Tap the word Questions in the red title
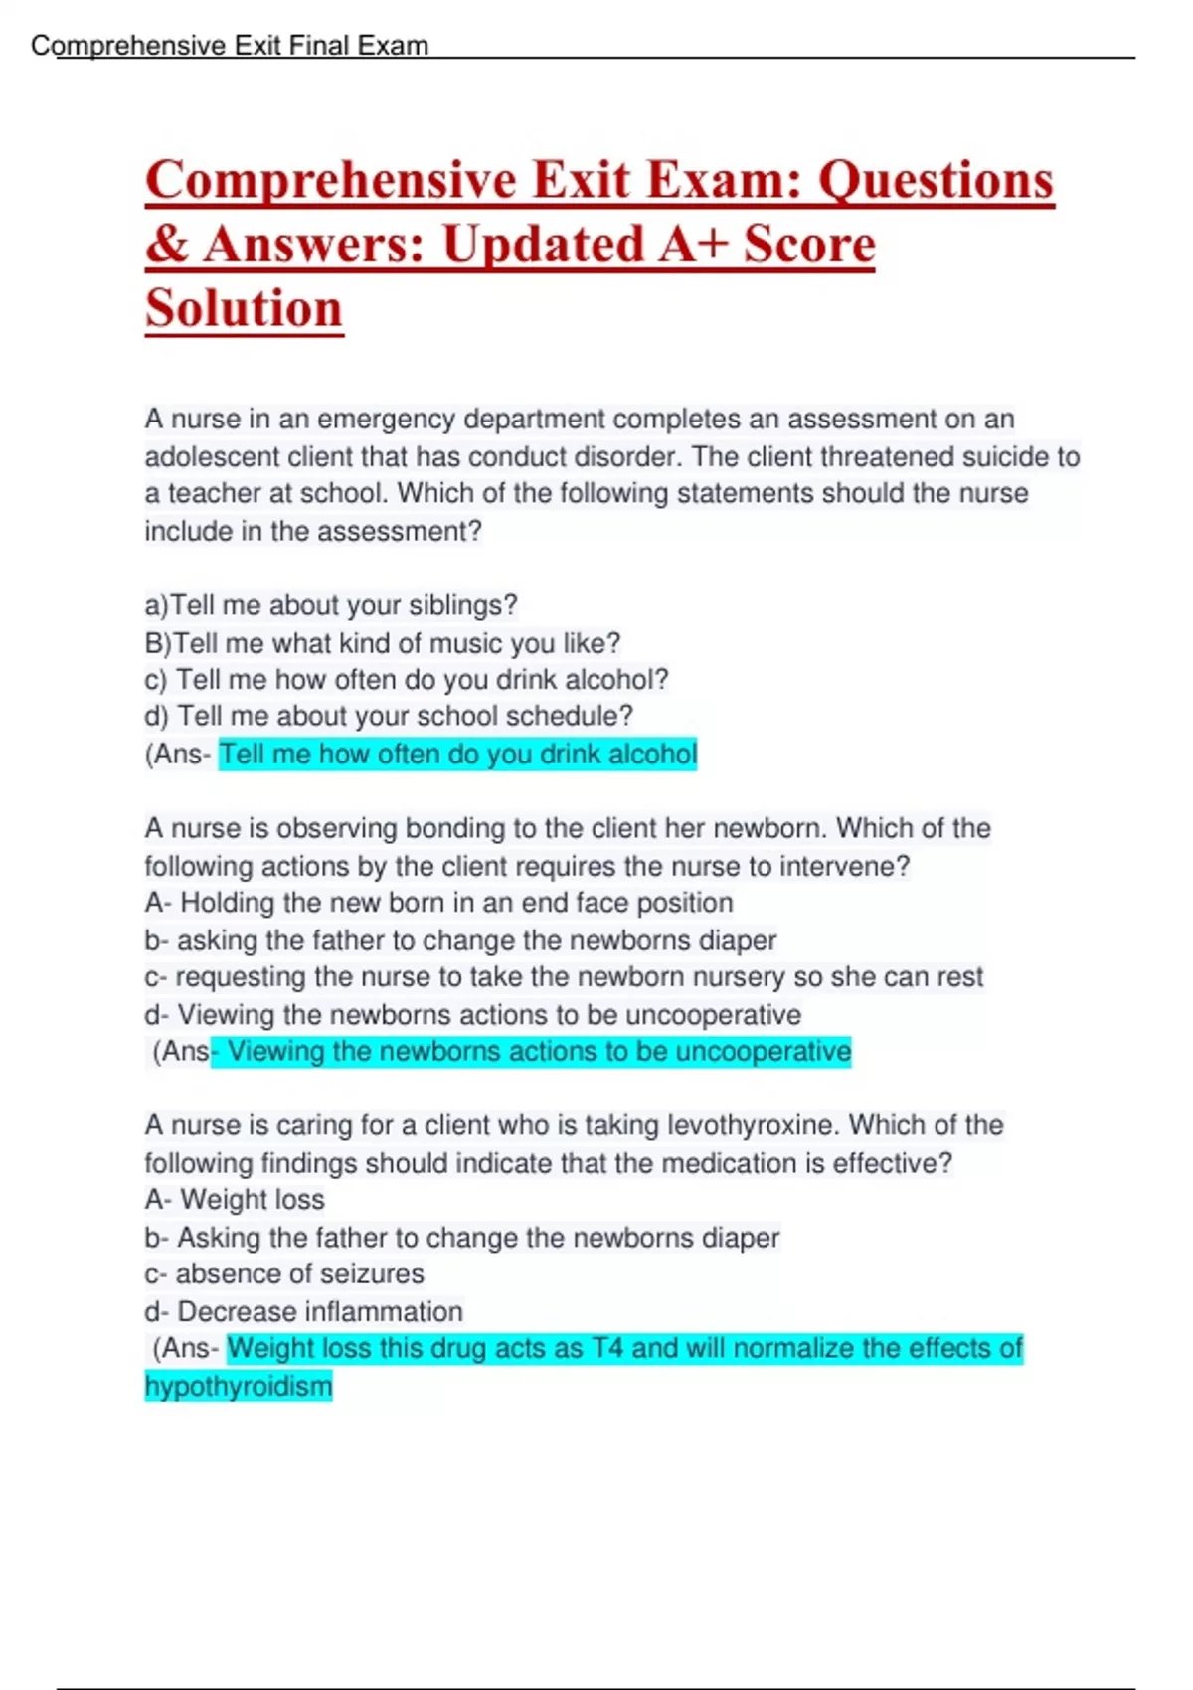(x=936, y=181)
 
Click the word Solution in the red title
(x=244, y=308)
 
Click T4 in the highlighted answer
(x=606, y=1349)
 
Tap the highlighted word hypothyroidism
(x=239, y=1387)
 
